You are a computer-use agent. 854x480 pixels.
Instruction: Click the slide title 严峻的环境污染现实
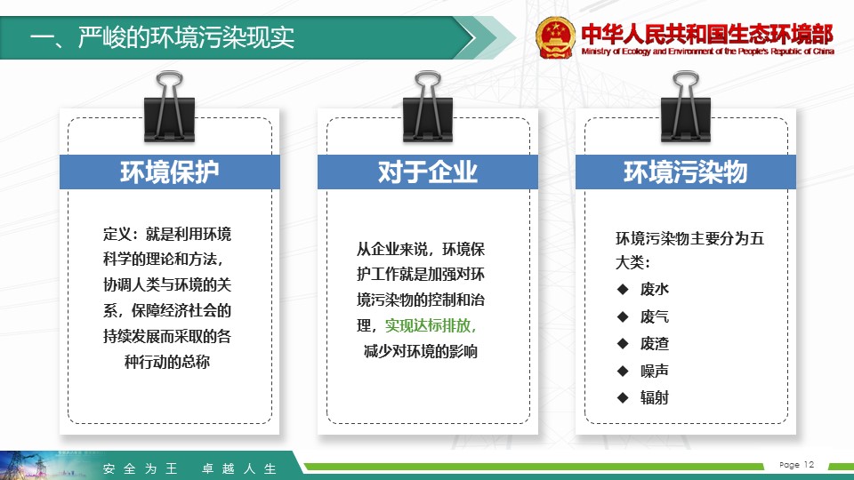186,37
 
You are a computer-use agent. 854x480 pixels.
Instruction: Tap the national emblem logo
555,37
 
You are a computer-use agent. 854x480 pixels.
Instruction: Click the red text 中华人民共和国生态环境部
707,34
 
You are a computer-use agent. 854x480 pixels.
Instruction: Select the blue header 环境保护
169,172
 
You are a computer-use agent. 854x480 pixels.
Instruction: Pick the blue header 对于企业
428,172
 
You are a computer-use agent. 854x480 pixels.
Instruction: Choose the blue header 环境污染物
686,172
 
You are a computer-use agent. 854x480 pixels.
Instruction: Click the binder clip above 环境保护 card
169,107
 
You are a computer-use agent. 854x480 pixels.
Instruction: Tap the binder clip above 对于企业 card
428,107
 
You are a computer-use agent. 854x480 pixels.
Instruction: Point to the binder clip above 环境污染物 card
686,107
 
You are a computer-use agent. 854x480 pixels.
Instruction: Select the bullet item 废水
654,289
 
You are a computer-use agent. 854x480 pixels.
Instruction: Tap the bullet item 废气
654,316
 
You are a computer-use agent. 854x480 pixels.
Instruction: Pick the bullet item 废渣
654,343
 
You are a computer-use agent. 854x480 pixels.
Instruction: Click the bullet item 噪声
654,371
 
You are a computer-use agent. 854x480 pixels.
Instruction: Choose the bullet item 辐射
654,397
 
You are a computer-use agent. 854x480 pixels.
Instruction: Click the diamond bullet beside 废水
623,289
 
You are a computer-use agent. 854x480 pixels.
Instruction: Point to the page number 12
809,464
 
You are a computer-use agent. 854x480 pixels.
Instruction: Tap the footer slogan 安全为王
140,468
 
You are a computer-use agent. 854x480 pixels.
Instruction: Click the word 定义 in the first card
117,234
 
